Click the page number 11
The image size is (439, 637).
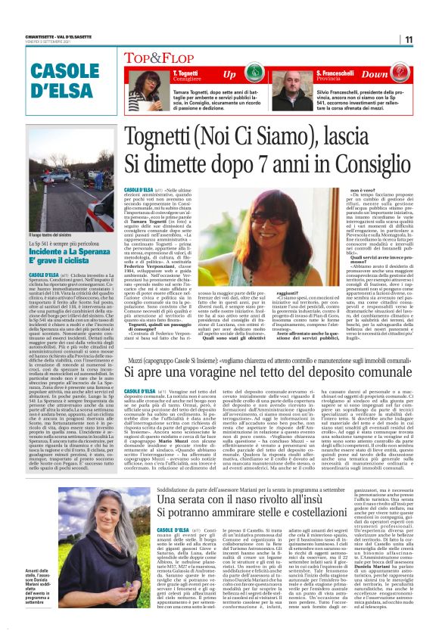click(x=428, y=39)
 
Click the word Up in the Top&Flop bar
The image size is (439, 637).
click(x=229, y=75)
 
